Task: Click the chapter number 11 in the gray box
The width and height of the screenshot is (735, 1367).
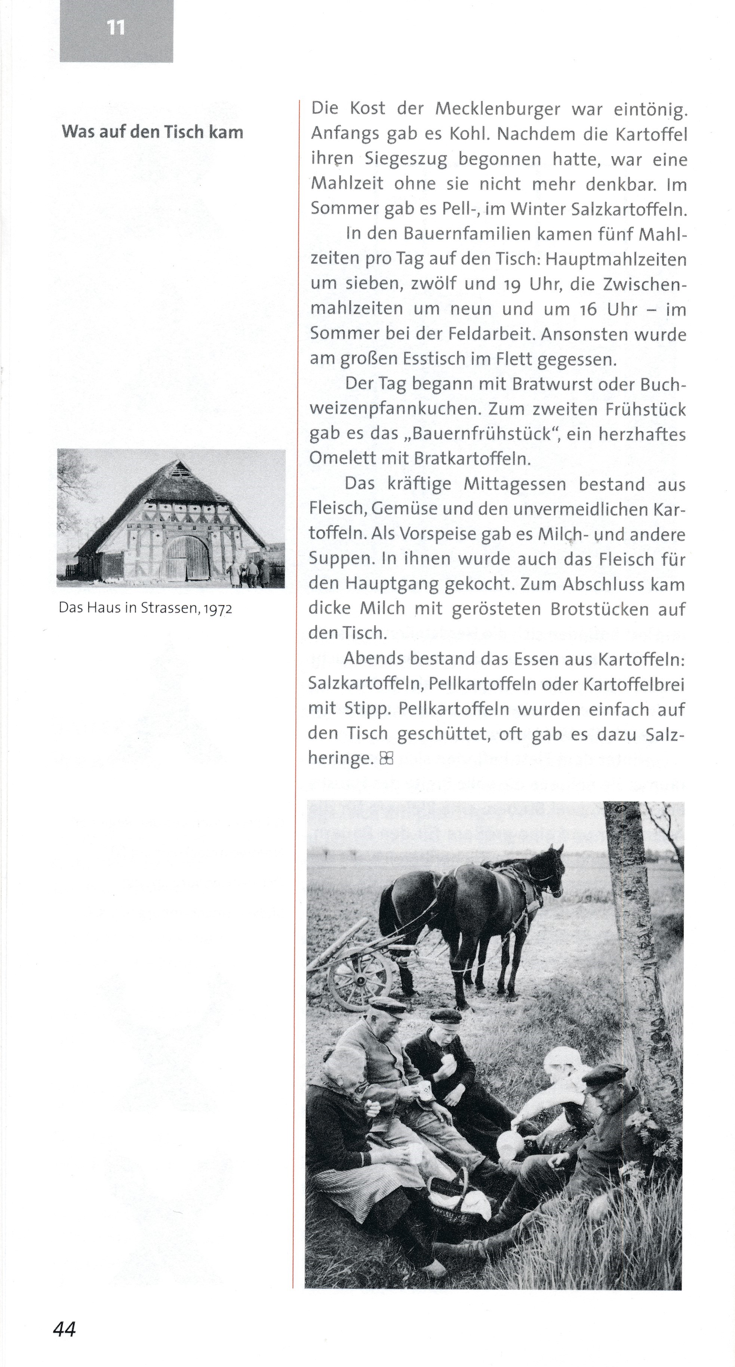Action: [x=116, y=28]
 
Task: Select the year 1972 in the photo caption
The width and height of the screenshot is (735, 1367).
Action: [x=218, y=608]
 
